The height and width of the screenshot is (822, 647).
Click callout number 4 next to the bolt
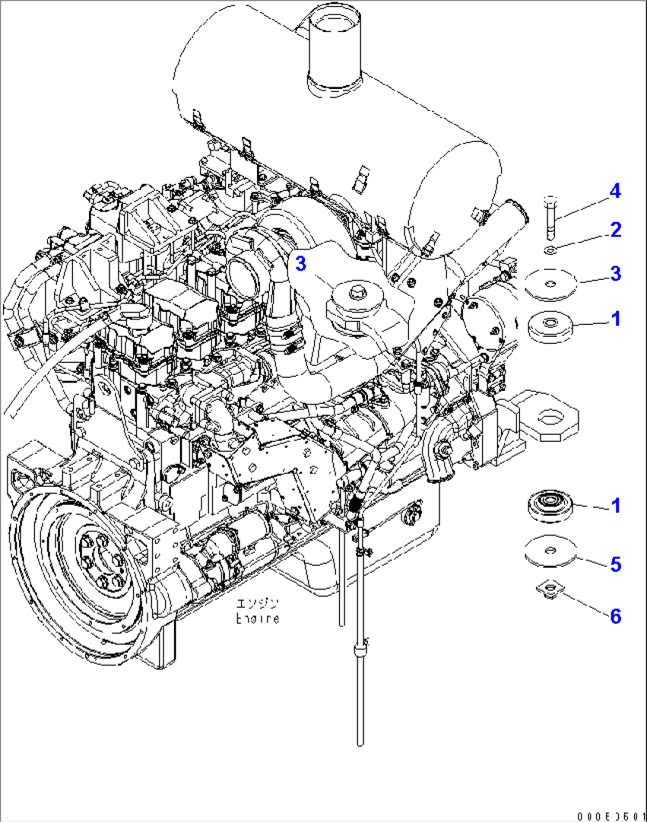615,191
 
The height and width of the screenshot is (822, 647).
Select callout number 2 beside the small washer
616,230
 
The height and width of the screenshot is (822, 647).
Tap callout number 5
616,564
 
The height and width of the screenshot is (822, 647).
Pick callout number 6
616,616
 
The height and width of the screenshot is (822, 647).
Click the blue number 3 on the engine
301,263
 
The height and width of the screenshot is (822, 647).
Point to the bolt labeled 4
550,217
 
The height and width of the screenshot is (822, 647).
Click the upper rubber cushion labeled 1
550,326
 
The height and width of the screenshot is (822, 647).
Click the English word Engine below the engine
258,619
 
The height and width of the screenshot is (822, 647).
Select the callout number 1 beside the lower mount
616,506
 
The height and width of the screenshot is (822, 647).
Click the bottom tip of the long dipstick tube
360,741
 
